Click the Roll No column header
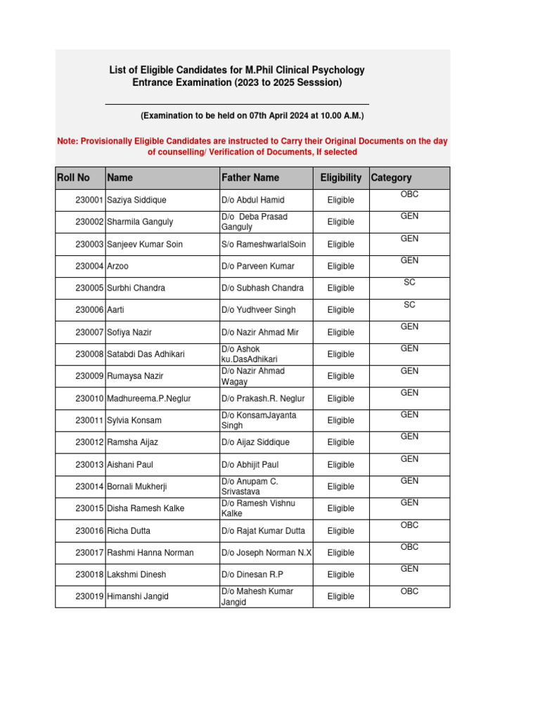tap(73, 178)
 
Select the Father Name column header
tap(250, 178)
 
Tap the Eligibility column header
tap(340, 178)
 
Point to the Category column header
tap(391, 178)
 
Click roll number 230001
tap(89, 200)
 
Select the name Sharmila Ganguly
tap(140, 222)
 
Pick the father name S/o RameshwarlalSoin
tap(264, 244)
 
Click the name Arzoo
tap(118, 266)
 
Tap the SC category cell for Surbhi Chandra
tap(409, 283)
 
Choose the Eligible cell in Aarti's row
tap(340, 310)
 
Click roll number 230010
tap(89, 399)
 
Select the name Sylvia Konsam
tap(134, 420)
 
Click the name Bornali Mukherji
tap(137, 487)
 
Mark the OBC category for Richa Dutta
tap(409, 525)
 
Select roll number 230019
tap(89, 596)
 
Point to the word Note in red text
tap(67, 141)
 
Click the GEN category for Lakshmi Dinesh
tap(409, 569)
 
